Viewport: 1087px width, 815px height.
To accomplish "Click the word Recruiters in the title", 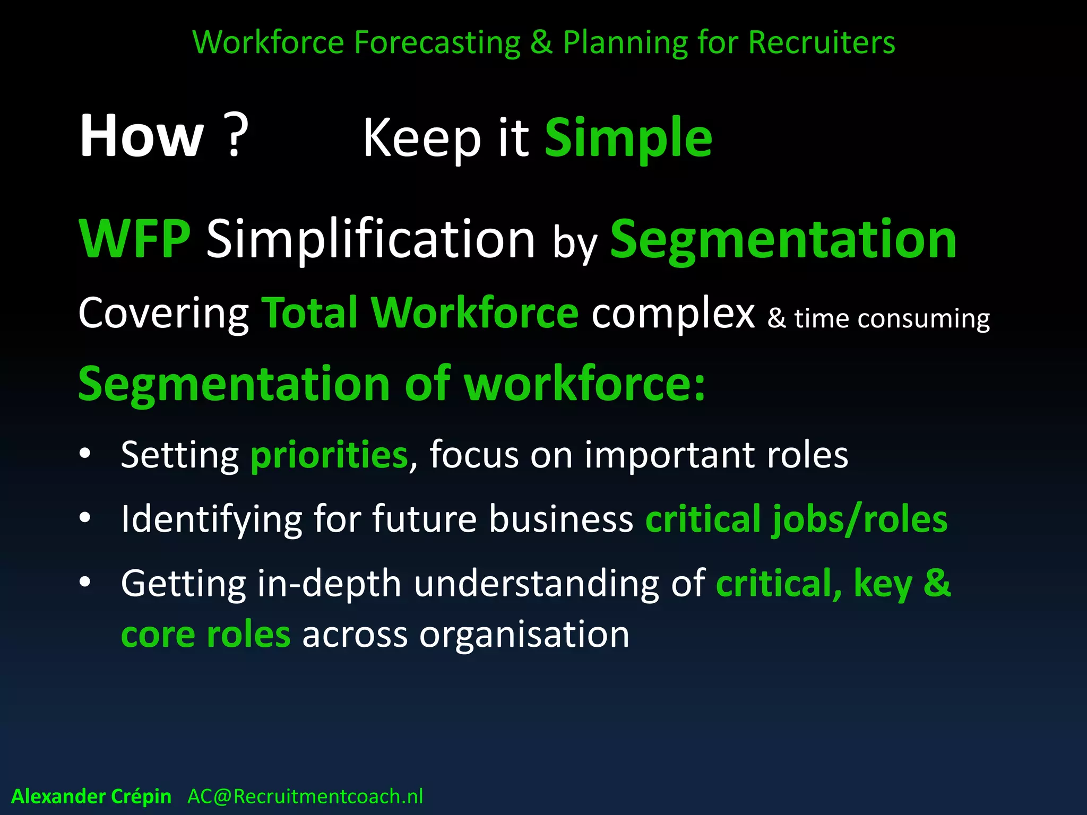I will [x=822, y=42].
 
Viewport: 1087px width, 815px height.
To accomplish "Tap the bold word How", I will [x=142, y=136].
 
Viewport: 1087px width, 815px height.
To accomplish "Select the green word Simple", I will [x=628, y=139].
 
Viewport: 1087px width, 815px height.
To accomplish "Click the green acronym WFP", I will [x=135, y=240].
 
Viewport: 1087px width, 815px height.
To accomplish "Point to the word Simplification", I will [x=370, y=240].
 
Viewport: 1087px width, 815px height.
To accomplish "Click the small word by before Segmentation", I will [x=575, y=245].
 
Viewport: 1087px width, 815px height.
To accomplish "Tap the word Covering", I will [x=163, y=314].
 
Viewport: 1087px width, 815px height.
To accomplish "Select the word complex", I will [x=673, y=314].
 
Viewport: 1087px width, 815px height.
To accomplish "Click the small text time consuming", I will [x=892, y=319].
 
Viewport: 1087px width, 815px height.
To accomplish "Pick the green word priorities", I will [x=329, y=455].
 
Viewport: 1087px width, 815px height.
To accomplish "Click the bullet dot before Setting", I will [x=85, y=454].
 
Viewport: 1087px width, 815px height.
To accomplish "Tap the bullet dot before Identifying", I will [x=85, y=518].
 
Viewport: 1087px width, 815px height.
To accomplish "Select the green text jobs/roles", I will [x=860, y=520].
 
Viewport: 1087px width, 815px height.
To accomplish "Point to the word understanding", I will [x=536, y=584].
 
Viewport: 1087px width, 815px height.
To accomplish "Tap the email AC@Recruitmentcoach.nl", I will [x=305, y=796].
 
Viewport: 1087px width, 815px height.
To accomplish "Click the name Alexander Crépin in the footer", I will [x=91, y=796].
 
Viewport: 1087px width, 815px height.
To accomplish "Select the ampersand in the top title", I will [x=541, y=42].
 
